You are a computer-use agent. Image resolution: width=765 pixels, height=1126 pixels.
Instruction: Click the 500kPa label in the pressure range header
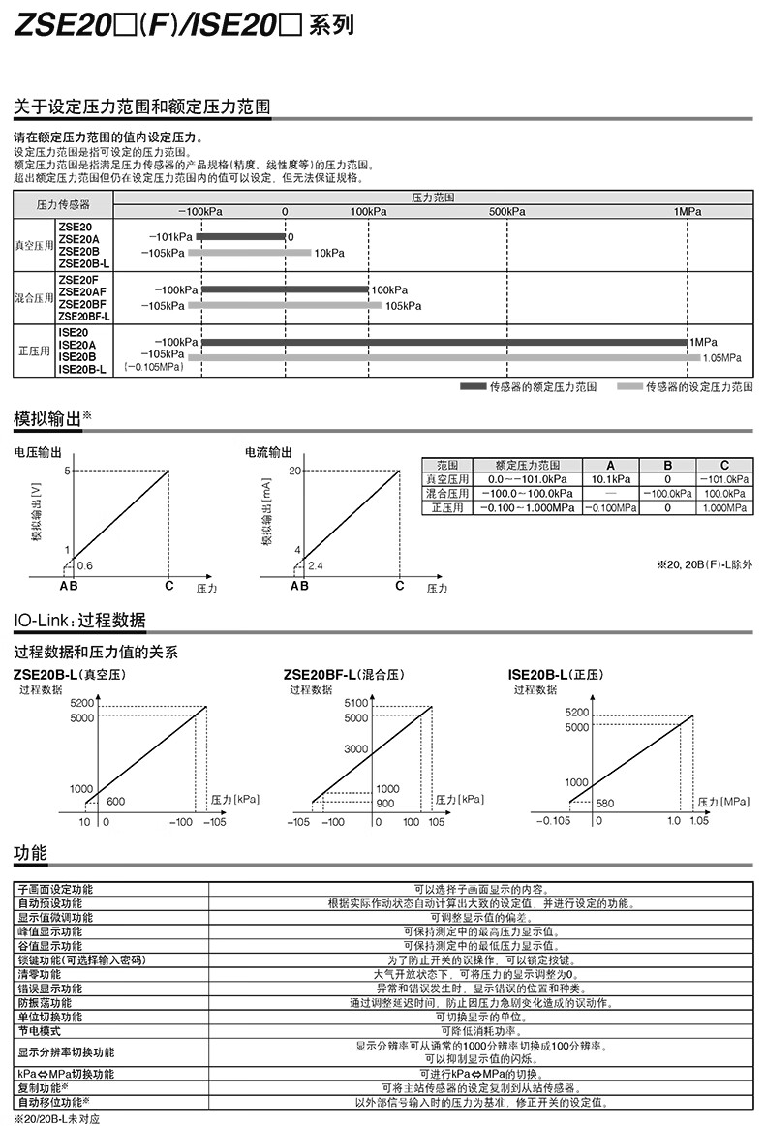[x=507, y=211]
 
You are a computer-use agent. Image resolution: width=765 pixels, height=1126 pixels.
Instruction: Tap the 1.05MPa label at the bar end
[x=721, y=357]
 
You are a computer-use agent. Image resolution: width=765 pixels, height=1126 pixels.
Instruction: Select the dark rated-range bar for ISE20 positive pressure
[x=444, y=342]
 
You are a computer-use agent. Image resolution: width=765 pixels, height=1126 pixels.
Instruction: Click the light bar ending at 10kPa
[x=249, y=253]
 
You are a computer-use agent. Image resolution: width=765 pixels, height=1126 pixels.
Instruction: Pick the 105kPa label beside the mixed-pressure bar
[x=403, y=305]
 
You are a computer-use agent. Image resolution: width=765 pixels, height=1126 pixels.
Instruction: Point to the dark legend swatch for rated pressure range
[x=472, y=386]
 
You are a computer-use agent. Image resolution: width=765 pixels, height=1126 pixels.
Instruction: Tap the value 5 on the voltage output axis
[x=68, y=471]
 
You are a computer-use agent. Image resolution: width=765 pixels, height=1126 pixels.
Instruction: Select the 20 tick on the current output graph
[x=296, y=471]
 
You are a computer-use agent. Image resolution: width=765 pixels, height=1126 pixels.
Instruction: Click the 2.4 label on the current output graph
[x=316, y=564]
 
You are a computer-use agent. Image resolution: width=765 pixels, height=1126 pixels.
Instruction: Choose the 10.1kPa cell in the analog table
[x=610, y=479]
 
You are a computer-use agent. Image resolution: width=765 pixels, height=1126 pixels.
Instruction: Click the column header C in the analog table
[x=724, y=465]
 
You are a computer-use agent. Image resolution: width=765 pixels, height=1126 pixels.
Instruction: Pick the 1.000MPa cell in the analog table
[x=724, y=507]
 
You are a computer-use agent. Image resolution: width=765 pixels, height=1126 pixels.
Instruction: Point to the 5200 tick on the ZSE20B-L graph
[x=82, y=703]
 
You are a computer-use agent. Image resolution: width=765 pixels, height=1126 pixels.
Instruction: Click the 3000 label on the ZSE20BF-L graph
[x=356, y=749]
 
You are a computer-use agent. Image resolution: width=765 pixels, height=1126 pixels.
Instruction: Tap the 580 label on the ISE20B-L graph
[x=607, y=804]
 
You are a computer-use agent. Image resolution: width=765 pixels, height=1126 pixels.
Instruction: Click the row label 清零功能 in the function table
[x=39, y=973]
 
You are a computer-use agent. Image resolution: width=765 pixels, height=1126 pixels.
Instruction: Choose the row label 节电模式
[x=39, y=1031]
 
